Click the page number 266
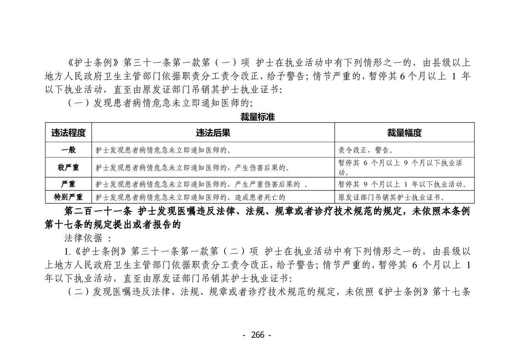click(257, 335)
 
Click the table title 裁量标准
click(257, 117)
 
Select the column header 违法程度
click(68, 133)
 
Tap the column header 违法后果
click(213, 133)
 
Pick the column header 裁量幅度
click(404, 133)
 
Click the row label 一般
click(68, 150)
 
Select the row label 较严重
click(68, 168)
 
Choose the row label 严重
click(68, 185)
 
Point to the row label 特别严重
click(68, 197)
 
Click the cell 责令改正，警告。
click(365, 150)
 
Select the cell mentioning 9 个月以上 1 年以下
click(403, 185)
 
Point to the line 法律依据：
click(87, 238)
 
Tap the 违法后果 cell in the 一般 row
click(163, 150)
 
